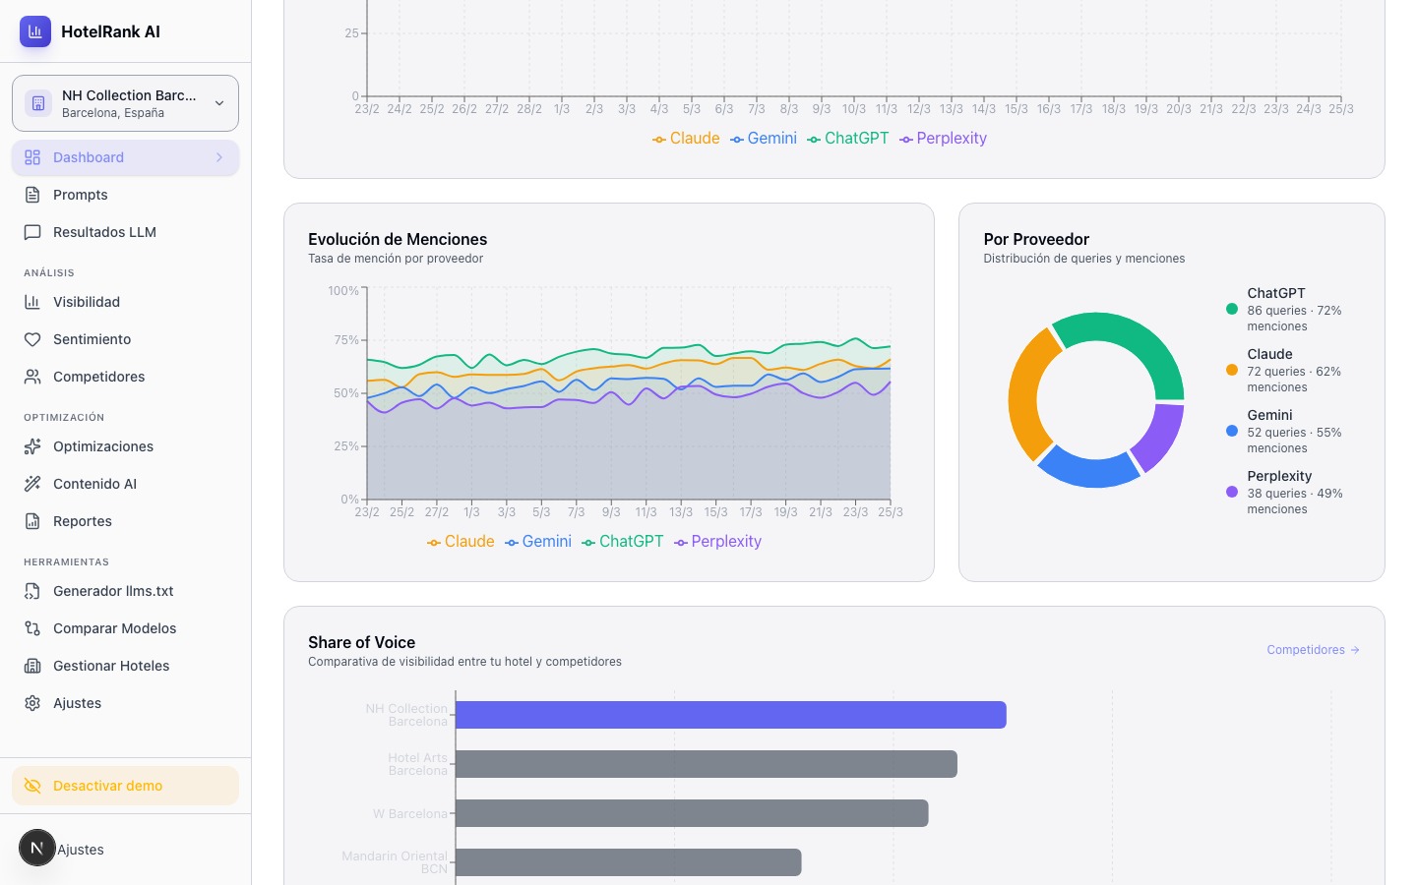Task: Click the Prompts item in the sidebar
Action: (80, 195)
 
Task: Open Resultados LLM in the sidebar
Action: (104, 232)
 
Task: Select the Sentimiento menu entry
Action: (92, 339)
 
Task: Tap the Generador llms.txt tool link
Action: (113, 591)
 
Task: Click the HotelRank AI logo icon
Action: (35, 31)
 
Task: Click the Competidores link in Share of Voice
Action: (1313, 650)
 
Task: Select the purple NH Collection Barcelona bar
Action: (730, 715)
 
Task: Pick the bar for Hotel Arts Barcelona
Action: (706, 764)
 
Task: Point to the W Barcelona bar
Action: (691, 813)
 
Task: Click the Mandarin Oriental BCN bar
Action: (628, 862)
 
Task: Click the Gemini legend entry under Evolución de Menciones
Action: (538, 542)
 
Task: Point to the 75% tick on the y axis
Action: (346, 340)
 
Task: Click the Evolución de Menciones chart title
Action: (398, 239)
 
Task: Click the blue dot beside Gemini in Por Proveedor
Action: (1231, 431)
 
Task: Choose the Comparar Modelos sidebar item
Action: (114, 628)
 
